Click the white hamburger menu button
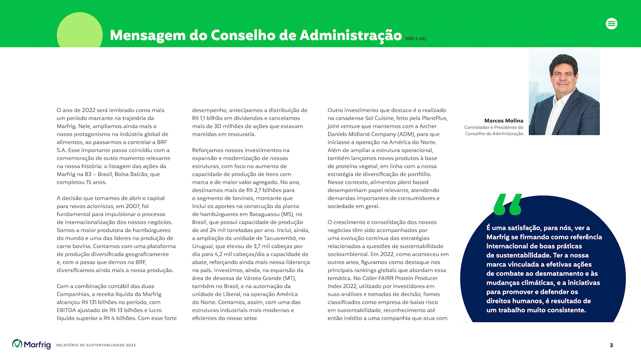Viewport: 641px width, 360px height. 611,24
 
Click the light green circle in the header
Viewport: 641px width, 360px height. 79,31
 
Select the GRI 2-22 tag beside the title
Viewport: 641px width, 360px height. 415,39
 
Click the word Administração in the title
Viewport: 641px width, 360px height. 351,35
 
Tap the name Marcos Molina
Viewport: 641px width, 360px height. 503,121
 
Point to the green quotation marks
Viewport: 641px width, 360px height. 507,204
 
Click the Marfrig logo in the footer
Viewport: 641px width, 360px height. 31,344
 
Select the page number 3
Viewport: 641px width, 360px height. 611,345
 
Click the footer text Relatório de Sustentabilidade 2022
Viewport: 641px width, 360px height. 96,345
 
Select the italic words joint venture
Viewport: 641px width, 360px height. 344,126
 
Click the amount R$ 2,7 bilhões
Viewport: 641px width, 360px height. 270,190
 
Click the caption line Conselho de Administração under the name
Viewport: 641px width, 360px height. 494,134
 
